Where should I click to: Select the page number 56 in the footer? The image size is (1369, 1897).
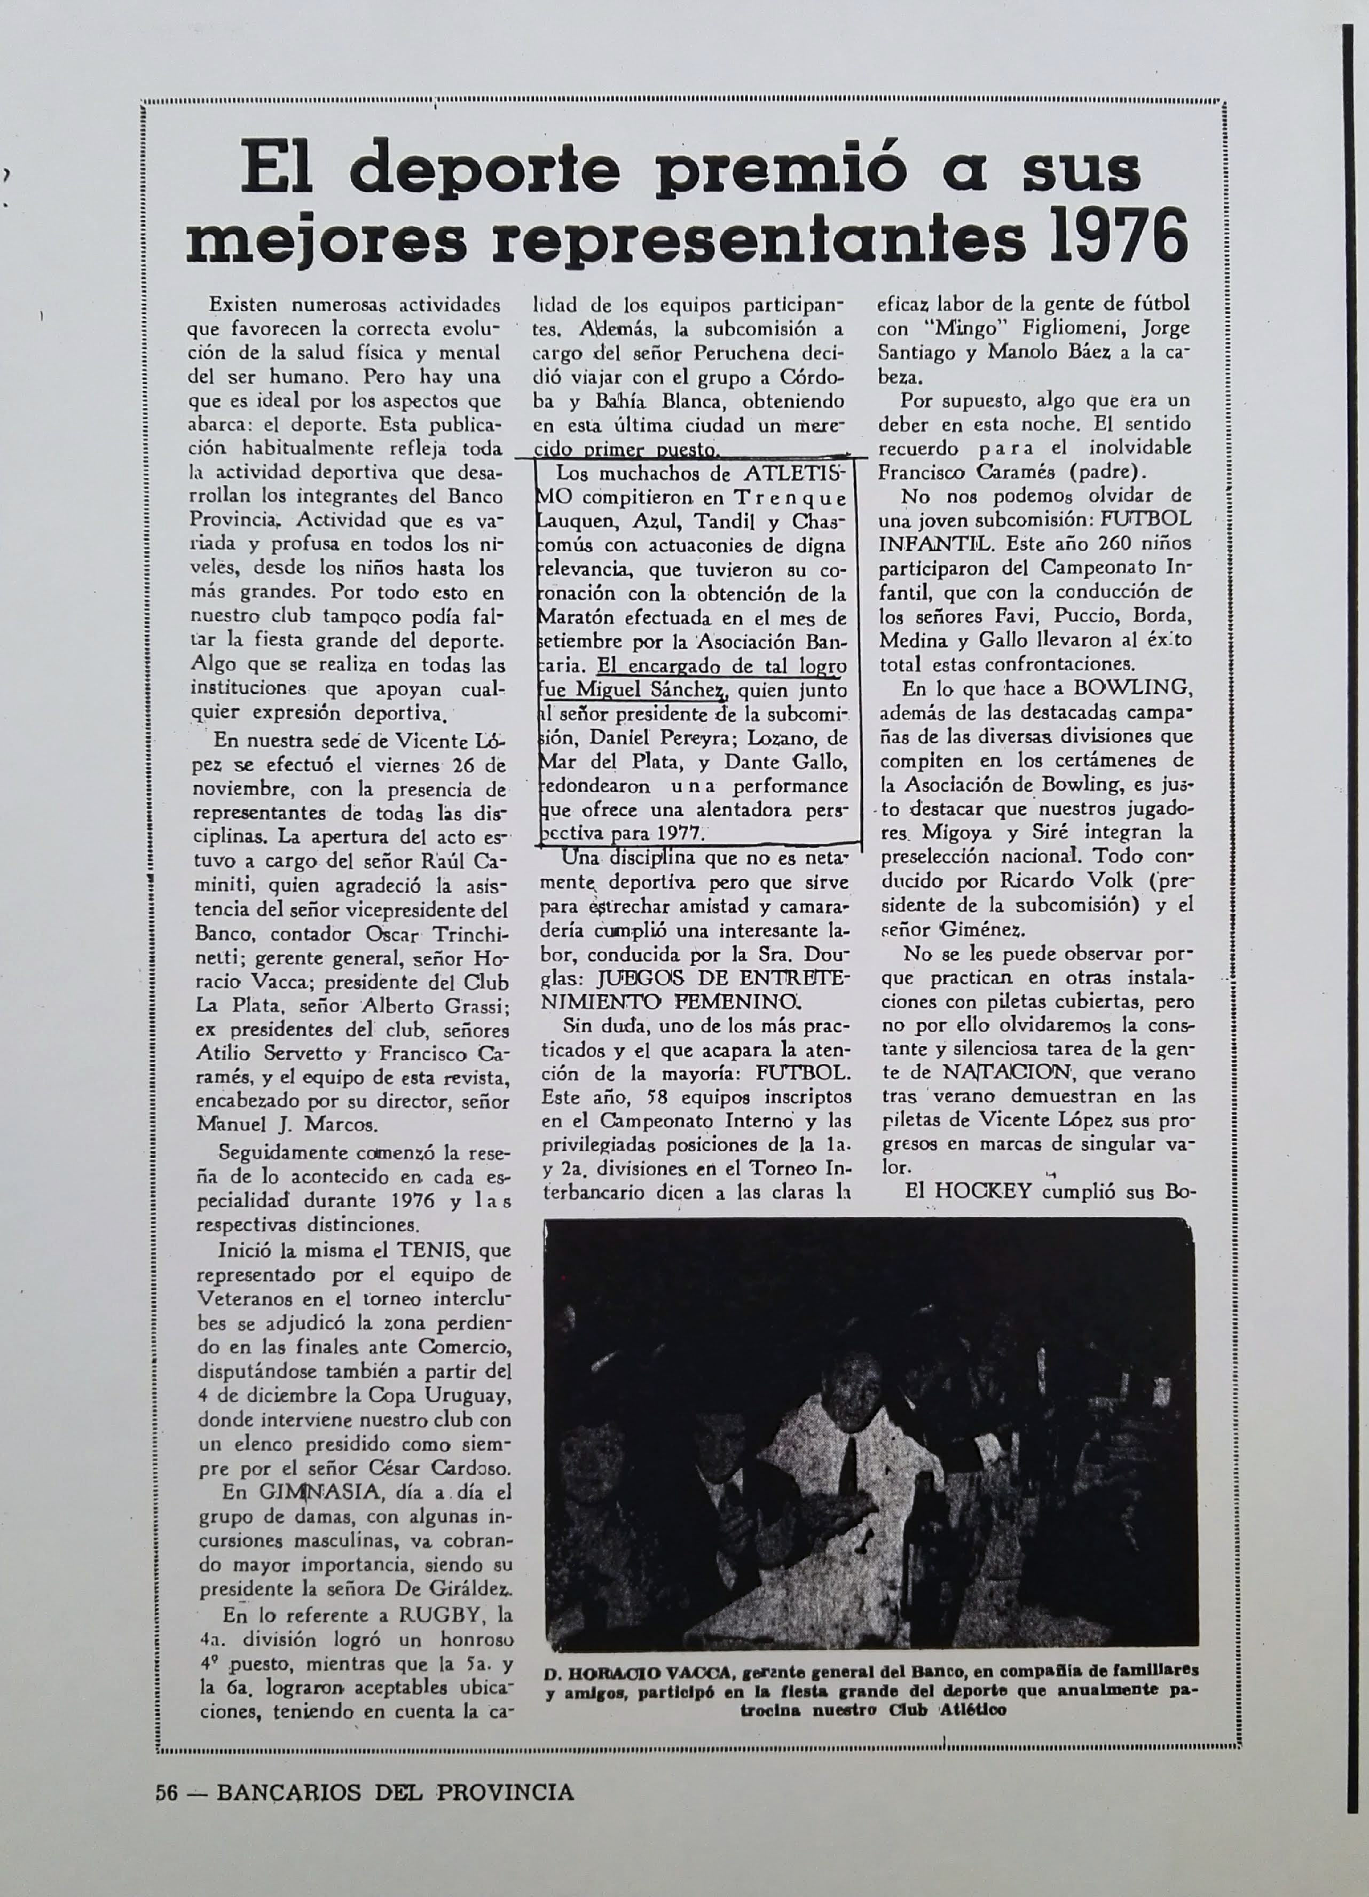click(x=167, y=1791)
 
